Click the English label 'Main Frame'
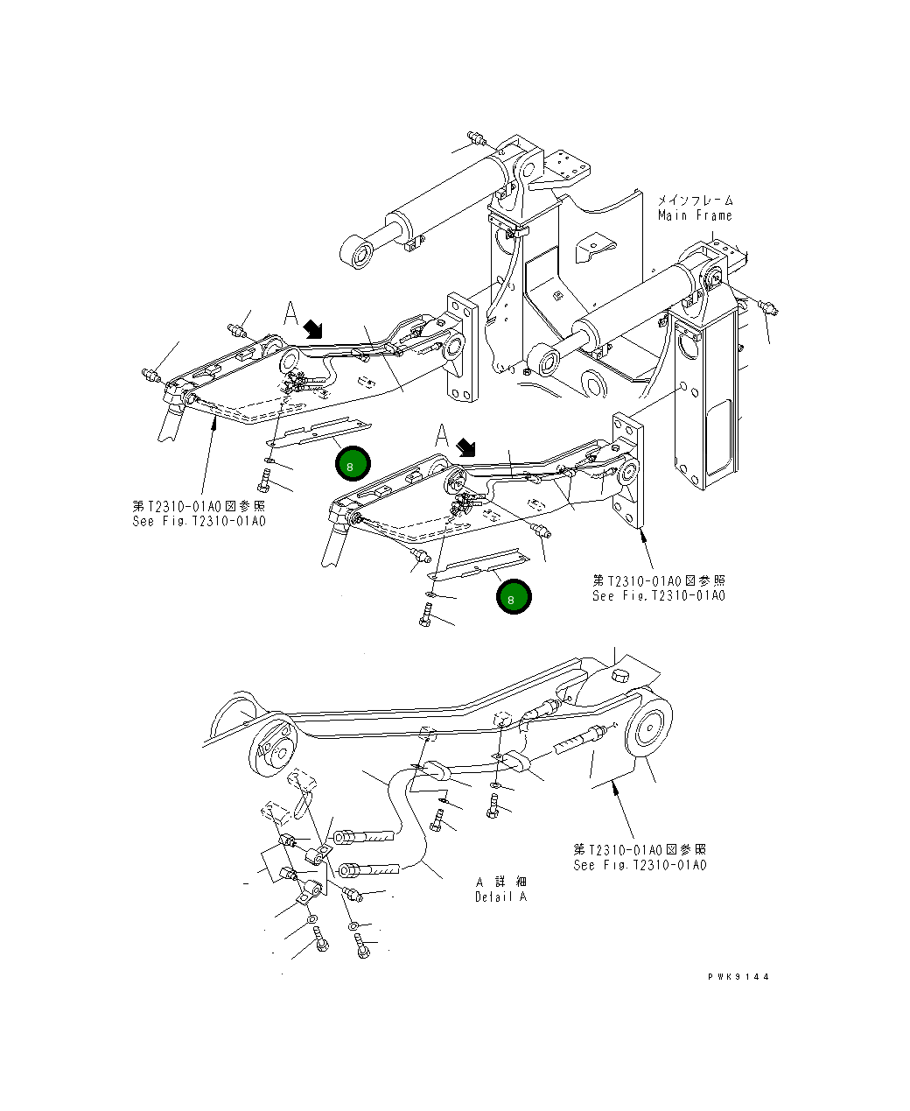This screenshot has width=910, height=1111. [x=695, y=215]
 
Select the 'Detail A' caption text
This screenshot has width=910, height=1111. [x=501, y=897]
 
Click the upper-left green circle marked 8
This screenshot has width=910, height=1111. [x=351, y=466]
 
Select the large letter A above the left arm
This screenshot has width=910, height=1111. [x=291, y=313]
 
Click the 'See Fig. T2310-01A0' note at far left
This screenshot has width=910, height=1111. [x=199, y=522]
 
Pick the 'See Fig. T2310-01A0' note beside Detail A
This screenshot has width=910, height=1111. [x=640, y=865]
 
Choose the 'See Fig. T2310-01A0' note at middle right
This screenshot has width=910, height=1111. [x=659, y=595]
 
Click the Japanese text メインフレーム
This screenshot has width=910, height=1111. [x=696, y=200]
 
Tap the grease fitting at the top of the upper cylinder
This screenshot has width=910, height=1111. [x=477, y=138]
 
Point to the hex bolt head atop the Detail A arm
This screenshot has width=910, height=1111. [x=618, y=674]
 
